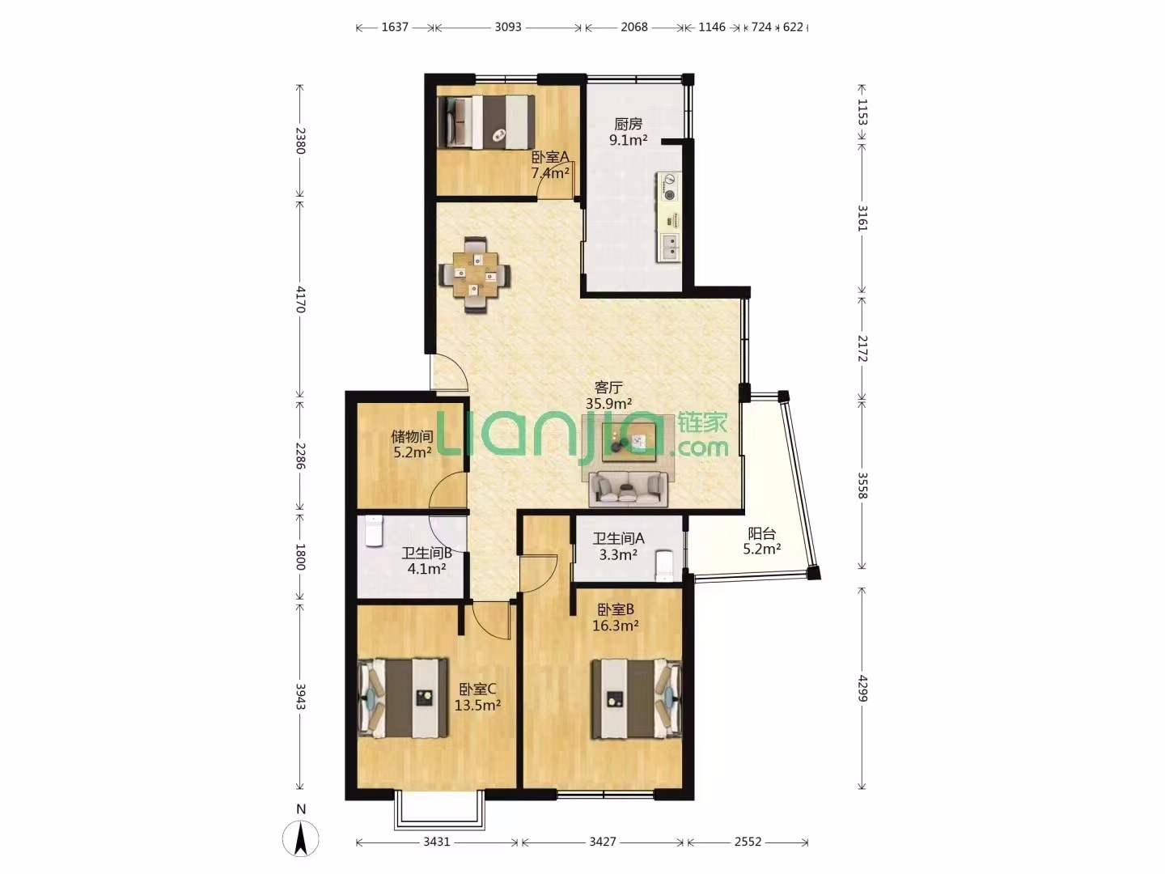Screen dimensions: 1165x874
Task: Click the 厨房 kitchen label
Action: point(628,124)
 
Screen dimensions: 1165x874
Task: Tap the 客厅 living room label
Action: point(608,388)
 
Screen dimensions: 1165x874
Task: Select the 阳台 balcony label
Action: point(761,533)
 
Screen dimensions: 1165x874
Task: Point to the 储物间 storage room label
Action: point(412,436)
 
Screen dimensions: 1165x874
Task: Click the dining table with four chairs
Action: point(476,274)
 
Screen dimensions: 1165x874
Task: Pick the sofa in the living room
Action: point(629,488)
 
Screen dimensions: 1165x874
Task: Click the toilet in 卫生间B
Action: point(375,531)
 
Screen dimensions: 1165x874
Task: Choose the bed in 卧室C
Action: point(404,698)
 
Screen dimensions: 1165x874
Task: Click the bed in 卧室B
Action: point(636,698)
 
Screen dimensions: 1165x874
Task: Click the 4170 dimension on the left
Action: point(300,299)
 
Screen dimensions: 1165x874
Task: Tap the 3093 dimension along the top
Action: point(508,27)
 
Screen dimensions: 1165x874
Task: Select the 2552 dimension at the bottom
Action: point(748,842)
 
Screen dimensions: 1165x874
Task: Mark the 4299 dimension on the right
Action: point(862,688)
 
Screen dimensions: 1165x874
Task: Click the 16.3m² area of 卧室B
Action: point(615,626)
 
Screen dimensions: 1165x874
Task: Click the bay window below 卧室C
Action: point(439,825)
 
